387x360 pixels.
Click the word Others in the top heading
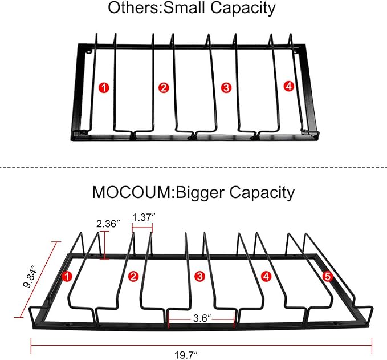pos(134,7)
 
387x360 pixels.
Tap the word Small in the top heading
pos(184,7)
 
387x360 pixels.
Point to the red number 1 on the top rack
pos(104,88)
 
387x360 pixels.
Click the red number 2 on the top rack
pos(164,88)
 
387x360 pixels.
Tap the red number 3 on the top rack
pos(226,88)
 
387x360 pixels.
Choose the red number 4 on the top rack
pos(289,86)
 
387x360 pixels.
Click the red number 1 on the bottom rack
pos(67,276)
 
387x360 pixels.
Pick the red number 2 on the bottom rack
pos(133,276)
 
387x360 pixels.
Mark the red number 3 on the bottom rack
pos(199,276)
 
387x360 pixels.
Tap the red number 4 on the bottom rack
pos(266,276)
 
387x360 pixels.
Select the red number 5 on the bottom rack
pos(328,276)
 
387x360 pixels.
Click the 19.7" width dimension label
pos(186,355)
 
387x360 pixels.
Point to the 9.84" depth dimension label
pos(30,276)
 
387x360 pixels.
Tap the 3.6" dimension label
pos(202,318)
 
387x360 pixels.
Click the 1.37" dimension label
pos(144,217)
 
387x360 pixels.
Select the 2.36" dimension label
pos(108,224)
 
